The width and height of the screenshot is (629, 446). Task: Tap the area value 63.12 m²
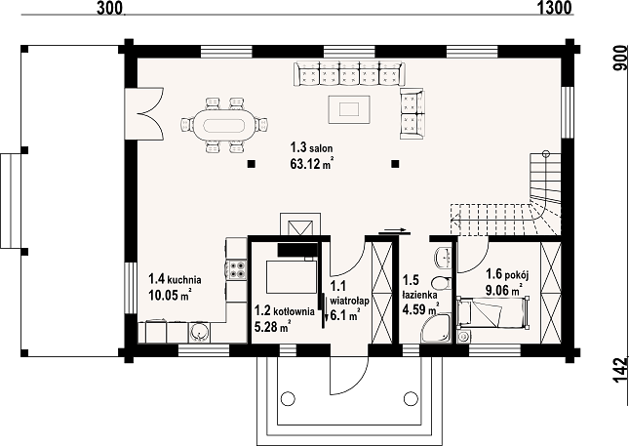[x=312, y=165]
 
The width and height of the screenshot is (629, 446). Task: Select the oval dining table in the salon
[x=223, y=124]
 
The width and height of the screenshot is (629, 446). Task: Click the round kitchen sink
[x=199, y=331]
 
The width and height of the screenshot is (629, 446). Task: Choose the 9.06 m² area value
[x=504, y=289]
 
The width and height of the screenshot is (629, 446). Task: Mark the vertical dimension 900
[x=618, y=61]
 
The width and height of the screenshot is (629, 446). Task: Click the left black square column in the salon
[x=252, y=164]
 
